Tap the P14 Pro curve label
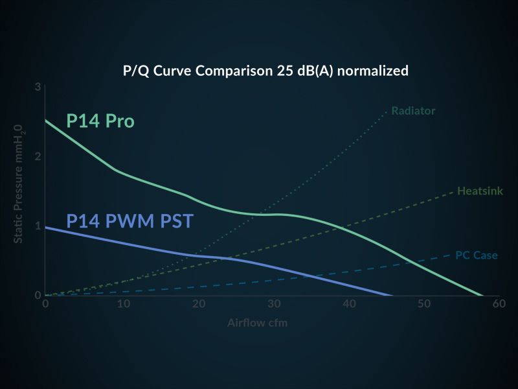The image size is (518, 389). (x=100, y=121)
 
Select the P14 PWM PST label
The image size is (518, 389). (x=129, y=221)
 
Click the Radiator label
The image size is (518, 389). (x=413, y=111)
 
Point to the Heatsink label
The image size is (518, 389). (x=480, y=191)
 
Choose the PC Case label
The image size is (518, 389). (x=477, y=255)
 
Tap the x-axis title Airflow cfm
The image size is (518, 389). (x=258, y=322)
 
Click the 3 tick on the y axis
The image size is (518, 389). (x=38, y=87)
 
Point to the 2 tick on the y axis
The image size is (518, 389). (x=38, y=156)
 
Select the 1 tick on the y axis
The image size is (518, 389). (x=38, y=226)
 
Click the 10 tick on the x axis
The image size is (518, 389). (x=122, y=303)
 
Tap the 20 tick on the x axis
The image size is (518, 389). (x=197, y=303)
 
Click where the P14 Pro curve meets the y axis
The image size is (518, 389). (x=45, y=120)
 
